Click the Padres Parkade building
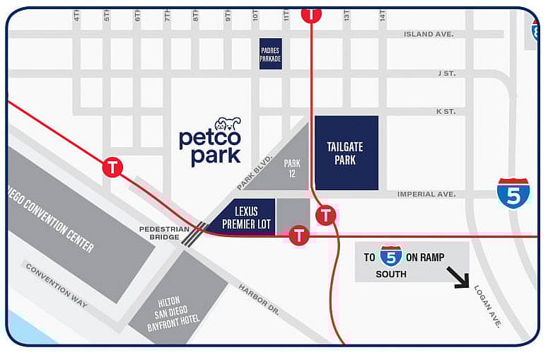(270, 53)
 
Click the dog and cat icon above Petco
(228, 123)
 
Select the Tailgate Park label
(345, 153)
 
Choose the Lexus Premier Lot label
(243, 217)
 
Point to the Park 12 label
(292, 168)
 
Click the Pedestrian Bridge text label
(164, 234)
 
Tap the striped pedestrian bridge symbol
(194, 233)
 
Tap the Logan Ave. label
(487, 306)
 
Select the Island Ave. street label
(429, 34)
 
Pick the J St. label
(445, 73)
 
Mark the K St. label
(445, 111)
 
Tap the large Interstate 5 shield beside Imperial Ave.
(513, 193)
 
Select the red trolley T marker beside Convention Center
(112, 168)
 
